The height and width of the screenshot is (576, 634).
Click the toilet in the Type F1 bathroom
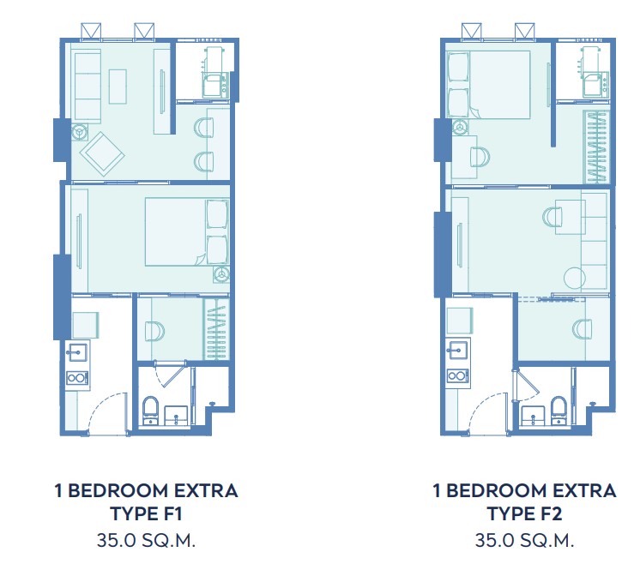(151, 410)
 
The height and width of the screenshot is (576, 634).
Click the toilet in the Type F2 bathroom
(559, 410)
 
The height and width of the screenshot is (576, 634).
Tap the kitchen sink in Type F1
(77, 352)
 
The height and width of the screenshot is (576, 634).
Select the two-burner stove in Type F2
(458, 376)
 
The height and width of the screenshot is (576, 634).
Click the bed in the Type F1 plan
(187, 231)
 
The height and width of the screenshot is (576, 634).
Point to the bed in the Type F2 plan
(488, 85)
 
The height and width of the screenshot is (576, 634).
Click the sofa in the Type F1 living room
(88, 86)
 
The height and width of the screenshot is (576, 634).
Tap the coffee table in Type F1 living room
(118, 87)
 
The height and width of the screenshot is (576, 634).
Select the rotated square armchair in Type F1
(102, 154)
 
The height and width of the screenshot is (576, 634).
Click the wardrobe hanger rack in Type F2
(595, 147)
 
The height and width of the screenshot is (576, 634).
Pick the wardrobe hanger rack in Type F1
(216, 329)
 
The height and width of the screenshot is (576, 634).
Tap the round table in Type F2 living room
(575, 278)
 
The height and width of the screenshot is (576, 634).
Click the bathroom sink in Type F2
(534, 416)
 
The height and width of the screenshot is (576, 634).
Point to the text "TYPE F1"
(147, 513)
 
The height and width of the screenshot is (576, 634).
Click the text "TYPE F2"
(524, 513)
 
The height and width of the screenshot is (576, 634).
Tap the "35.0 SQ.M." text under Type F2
(524, 540)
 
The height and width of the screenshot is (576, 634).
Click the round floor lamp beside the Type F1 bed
(221, 274)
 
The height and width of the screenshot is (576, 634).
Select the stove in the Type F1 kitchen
(77, 378)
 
